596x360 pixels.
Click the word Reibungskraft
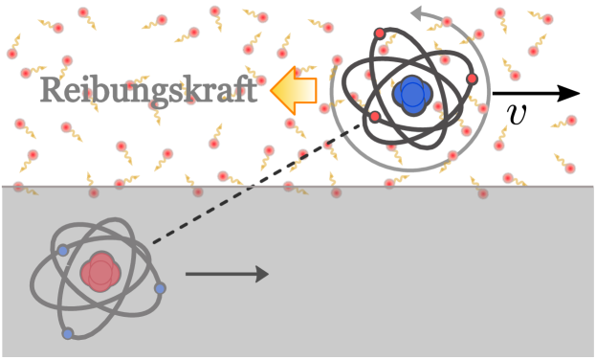coord(148,90)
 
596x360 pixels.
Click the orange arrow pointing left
coord(295,90)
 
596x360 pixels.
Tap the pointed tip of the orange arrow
coord(272,90)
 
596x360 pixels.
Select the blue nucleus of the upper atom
coord(412,94)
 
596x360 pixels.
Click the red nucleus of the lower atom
coord(100,273)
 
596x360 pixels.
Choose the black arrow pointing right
coord(227,274)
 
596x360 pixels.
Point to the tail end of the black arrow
coord(188,274)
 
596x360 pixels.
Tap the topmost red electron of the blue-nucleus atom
coord(380,34)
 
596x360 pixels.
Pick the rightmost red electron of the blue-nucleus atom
coord(472,79)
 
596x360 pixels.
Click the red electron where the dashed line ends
coord(375,117)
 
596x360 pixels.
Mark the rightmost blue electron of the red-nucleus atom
coord(160,288)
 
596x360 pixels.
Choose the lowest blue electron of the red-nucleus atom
coord(68,333)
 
